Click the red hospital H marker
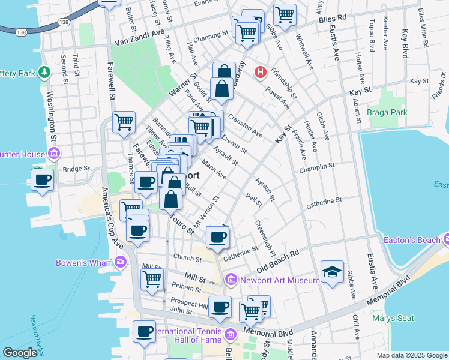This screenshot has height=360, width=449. pyautogui.click(x=261, y=73)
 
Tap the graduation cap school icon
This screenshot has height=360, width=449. pyautogui.click(x=332, y=272)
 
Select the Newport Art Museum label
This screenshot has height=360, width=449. pyautogui.click(x=280, y=280)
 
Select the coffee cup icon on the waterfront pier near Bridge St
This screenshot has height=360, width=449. pyautogui.click(x=42, y=179)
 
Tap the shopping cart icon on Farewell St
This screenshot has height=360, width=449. pyautogui.click(x=124, y=122)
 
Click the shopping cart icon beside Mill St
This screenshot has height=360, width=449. pyautogui.click(x=152, y=279)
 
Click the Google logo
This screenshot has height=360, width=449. pyautogui.click(x=20, y=353)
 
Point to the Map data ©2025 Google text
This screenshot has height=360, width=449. pyautogui.click(x=412, y=355)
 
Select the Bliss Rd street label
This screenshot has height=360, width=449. pyautogui.click(x=333, y=19)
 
